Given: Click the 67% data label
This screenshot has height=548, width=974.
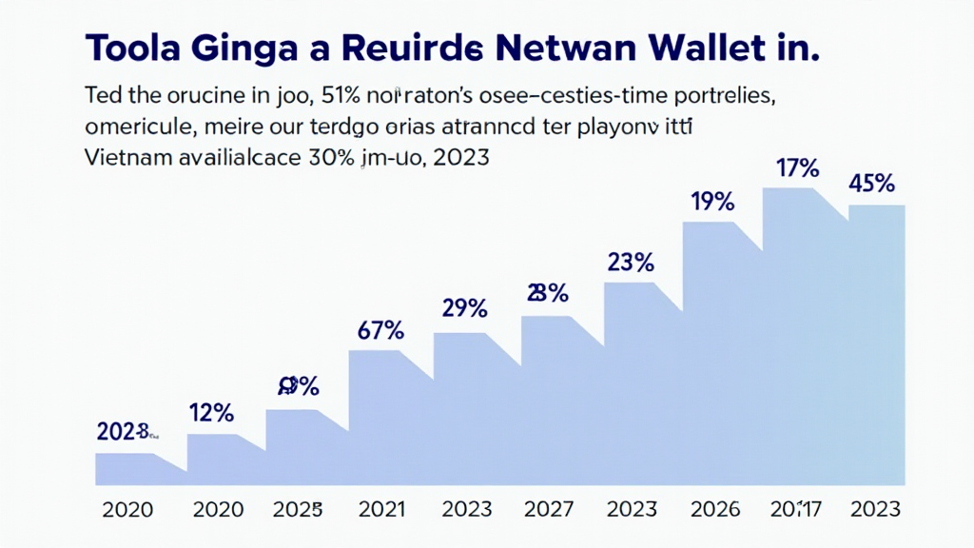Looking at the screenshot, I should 381,331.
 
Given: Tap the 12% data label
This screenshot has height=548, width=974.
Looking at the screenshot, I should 211,413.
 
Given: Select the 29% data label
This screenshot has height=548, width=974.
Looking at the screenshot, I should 465,308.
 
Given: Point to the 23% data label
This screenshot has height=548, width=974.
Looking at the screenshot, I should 631,261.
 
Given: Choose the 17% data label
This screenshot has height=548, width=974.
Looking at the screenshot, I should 797,169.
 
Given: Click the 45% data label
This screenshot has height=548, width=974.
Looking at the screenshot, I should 871,185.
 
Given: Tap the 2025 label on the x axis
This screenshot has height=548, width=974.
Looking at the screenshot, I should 298,509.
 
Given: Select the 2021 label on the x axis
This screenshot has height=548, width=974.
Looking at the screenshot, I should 381,509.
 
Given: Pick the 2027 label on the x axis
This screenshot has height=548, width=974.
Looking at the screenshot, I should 549,509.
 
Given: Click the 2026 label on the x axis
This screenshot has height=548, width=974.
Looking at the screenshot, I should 713,509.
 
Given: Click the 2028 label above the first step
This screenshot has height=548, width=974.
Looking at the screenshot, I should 125,432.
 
